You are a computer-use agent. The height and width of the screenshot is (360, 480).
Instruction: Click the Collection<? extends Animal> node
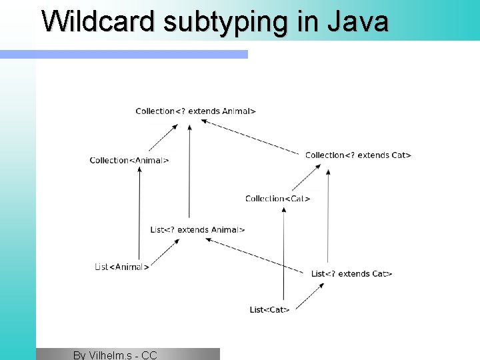[x=195, y=111]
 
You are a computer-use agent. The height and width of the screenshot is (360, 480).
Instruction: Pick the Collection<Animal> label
[x=129, y=160]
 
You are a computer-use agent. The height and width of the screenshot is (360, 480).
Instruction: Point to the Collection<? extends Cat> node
[x=358, y=155]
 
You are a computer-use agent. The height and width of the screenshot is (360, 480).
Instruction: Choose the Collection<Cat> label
[x=277, y=199]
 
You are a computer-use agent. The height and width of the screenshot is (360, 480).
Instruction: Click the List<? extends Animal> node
[x=197, y=230]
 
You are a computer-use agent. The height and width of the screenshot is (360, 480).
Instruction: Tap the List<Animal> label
[x=121, y=267]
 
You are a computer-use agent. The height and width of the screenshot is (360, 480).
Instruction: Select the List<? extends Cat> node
[x=351, y=273]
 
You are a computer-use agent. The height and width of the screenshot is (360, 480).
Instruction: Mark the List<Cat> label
[x=269, y=309]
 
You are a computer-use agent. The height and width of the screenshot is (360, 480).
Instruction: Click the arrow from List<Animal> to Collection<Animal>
[x=139, y=213]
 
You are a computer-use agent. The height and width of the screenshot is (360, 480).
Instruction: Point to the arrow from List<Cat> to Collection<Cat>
[x=284, y=253]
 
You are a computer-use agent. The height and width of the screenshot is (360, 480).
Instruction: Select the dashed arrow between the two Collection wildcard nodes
[x=250, y=137]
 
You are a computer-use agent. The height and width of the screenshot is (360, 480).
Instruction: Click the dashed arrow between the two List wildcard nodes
[x=257, y=255]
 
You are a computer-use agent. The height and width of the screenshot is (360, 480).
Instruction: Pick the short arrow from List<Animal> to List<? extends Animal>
[x=165, y=252]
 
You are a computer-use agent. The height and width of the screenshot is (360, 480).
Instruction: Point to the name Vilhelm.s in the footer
[x=112, y=355]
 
